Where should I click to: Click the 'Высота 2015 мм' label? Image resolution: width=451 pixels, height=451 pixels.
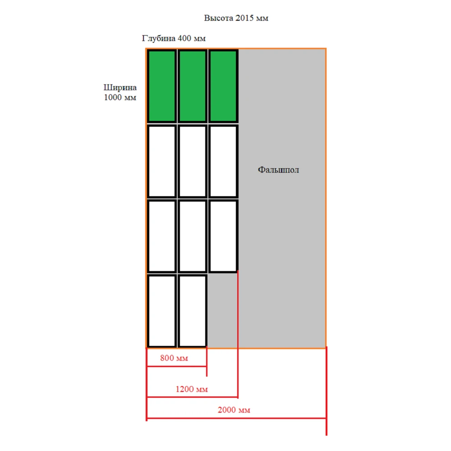[236, 18]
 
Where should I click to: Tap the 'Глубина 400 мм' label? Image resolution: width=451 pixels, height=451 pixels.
[174, 38]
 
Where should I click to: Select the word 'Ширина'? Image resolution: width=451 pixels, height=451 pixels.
[120, 87]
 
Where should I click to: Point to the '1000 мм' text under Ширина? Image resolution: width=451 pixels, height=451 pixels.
[120, 97]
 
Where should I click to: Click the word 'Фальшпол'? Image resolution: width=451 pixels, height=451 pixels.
[278, 170]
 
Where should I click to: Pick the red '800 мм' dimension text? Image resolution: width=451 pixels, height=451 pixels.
[174, 358]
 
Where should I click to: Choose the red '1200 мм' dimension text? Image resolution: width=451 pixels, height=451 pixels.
[192, 389]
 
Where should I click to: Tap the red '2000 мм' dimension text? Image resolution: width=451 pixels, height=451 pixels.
[234, 410]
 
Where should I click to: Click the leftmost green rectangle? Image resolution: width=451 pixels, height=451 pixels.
[162, 86]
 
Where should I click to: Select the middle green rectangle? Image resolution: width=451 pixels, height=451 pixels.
[193, 86]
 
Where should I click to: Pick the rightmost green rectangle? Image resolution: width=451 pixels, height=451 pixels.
[223, 86]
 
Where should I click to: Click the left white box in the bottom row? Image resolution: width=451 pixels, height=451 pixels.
[162, 311]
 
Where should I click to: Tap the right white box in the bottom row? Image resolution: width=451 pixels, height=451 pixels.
[193, 311]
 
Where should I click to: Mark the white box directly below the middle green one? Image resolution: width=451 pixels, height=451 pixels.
[193, 161]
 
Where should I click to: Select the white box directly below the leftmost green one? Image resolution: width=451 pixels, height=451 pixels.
[162, 161]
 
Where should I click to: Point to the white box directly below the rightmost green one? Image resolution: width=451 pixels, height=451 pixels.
[223, 161]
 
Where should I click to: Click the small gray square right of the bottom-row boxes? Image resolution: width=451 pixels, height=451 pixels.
[222, 310]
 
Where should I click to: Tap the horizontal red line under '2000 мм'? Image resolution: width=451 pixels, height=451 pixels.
[236, 418]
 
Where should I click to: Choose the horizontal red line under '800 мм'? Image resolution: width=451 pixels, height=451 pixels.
[177, 366]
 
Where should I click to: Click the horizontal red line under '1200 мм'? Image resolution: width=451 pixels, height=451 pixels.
[192, 397]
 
